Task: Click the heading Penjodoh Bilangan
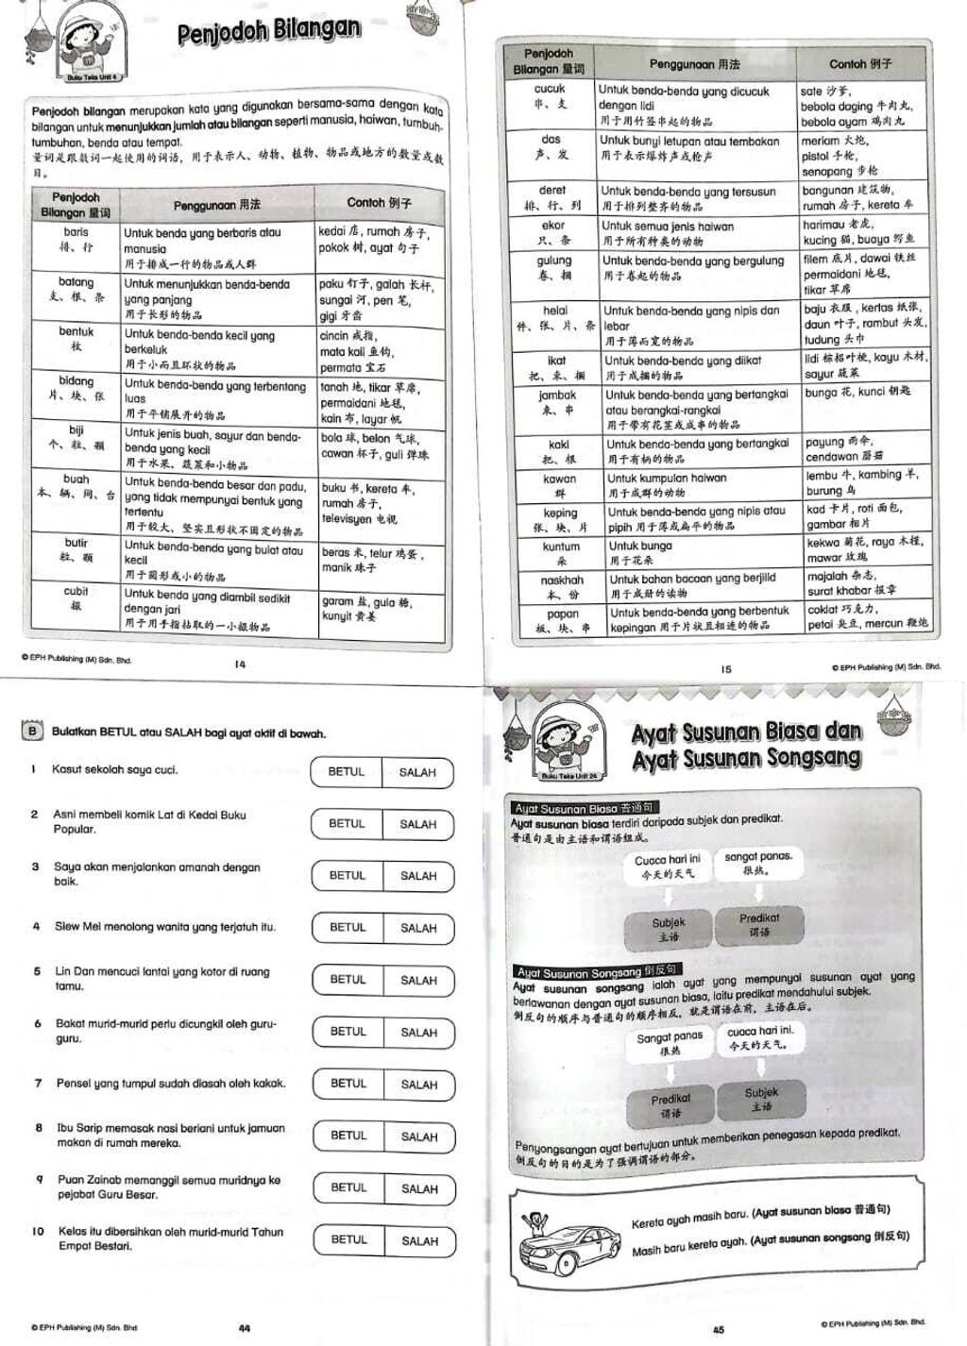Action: click(269, 31)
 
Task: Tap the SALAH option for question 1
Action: click(417, 772)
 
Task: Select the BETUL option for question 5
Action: click(348, 980)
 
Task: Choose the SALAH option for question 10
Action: click(418, 1240)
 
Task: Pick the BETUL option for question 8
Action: click(348, 1136)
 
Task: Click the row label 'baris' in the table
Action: click(76, 231)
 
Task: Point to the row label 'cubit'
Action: click(76, 592)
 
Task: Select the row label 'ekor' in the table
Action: click(553, 226)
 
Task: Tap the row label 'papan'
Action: click(563, 614)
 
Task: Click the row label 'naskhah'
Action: click(562, 580)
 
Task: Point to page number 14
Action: click(240, 665)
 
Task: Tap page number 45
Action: click(719, 1329)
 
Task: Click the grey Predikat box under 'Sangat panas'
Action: click(670, 1105)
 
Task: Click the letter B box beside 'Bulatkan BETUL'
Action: click(33, 732)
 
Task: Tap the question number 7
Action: click(38, 1083)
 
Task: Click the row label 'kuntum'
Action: click(561, 547)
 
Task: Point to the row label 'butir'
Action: click(76, 543)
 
